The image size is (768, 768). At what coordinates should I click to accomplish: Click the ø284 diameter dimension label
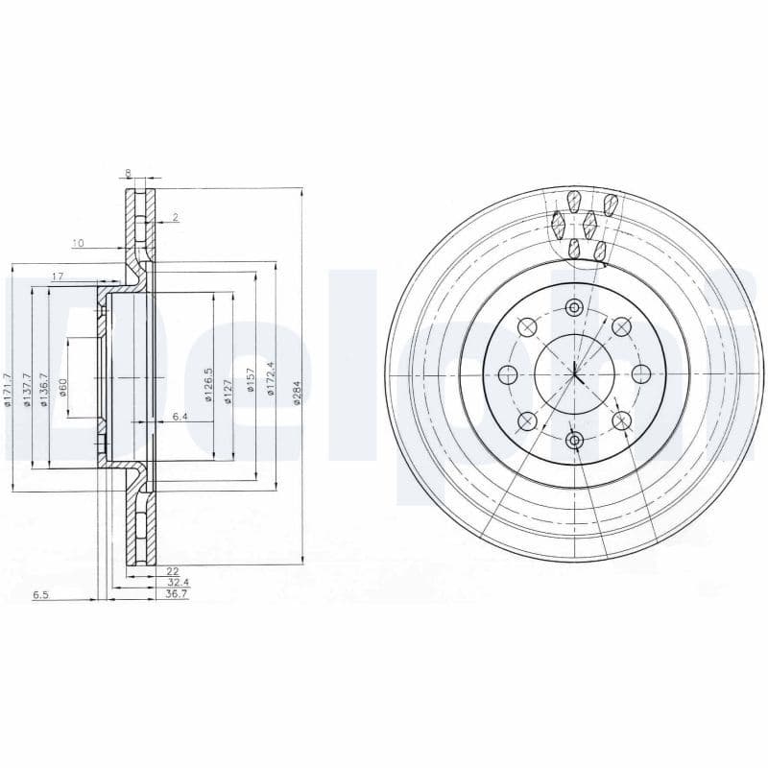298,393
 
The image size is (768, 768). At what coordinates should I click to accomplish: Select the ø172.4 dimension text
272,380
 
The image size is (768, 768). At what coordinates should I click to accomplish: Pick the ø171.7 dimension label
8,391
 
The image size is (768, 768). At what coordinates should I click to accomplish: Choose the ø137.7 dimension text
28,390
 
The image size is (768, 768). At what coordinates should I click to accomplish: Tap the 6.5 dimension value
40,595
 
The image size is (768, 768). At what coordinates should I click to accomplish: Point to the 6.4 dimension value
180,417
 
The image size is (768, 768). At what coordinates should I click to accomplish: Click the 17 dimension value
57,276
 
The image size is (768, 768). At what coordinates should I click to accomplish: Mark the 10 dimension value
78,243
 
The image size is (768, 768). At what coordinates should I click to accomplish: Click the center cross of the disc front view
574,373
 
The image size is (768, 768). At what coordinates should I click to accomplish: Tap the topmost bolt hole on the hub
574,308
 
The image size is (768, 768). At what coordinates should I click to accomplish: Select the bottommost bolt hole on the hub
574,440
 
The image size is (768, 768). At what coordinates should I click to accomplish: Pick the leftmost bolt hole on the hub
509,373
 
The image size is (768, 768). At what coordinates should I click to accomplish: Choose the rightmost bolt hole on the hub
640,373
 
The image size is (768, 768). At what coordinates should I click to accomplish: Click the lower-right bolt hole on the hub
621,420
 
